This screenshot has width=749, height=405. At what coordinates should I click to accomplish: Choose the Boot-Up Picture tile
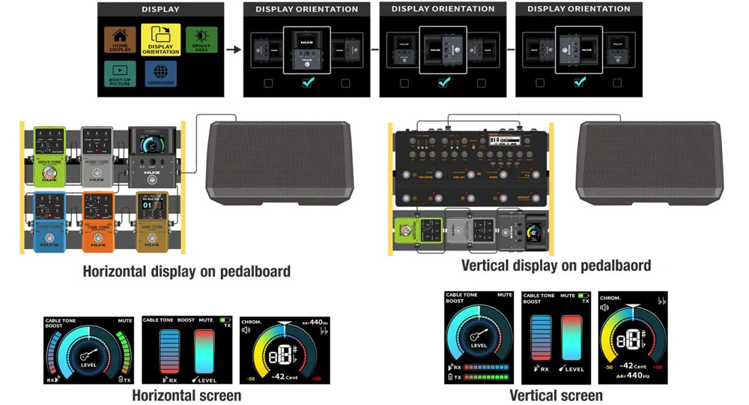120,73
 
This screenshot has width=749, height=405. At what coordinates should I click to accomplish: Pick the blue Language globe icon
160,73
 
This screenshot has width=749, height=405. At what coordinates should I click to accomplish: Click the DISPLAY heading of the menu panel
160,10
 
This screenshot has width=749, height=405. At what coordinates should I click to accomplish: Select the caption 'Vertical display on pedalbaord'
556,265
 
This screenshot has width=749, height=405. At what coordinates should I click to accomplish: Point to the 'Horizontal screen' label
187,395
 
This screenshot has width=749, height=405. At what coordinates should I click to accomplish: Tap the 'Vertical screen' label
556,395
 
